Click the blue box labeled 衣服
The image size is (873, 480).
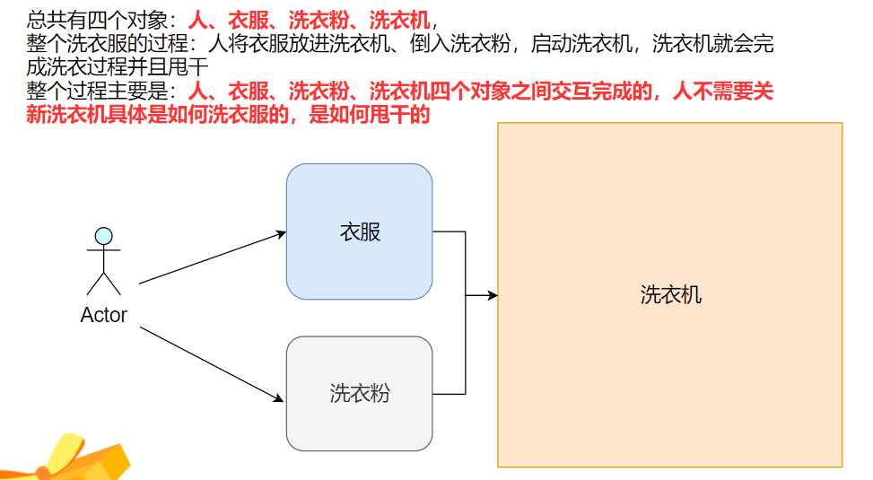[359, 231]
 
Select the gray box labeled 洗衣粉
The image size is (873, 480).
[359, 393]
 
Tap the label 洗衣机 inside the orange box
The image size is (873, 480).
[670, 294]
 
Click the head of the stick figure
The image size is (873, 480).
[103, 236]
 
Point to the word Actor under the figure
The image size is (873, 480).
[103, 315]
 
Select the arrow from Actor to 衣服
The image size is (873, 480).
[213, 257]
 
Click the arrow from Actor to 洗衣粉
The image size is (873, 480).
[212, 364]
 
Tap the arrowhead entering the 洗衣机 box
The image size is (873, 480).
[493, 295]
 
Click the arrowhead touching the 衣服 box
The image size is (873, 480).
[281, 234]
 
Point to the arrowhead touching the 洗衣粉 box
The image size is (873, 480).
[278, 398]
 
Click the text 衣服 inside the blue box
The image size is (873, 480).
[360, 231]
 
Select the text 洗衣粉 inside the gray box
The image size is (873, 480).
[360, 393]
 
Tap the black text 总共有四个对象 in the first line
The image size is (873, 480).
[97, 21]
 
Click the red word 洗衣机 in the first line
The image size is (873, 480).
[400, 21]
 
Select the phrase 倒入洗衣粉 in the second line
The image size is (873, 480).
[460, 43]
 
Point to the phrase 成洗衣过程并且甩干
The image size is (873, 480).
[117, 66]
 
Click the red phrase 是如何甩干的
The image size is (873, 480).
[369, 114]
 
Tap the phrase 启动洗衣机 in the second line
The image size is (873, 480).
[581, 43]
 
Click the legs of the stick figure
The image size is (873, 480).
[103, 284]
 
